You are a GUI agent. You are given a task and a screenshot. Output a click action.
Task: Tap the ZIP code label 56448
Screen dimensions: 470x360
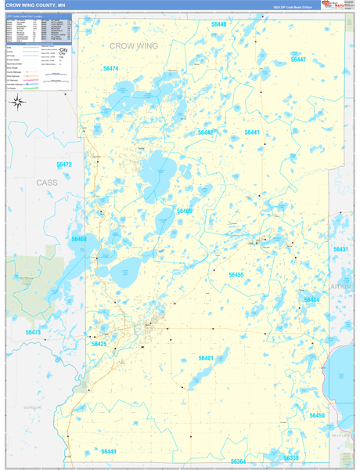point(219,25)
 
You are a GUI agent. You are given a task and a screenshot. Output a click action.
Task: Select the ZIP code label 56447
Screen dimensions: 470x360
point(298,60)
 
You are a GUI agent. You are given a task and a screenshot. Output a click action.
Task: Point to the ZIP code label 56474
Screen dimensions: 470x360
point(111,69)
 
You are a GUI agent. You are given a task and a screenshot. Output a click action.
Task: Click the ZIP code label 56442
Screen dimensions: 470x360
point(206,132)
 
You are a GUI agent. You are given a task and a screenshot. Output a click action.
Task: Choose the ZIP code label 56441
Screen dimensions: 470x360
point(252,132)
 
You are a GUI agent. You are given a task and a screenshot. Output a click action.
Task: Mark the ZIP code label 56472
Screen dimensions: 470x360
point(64,164)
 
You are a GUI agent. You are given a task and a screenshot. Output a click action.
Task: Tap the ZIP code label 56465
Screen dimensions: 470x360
point(185,211)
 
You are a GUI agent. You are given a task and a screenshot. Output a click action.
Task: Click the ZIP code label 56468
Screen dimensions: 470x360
point(79,239)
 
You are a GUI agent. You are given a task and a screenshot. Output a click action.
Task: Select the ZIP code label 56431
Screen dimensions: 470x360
point(340,249)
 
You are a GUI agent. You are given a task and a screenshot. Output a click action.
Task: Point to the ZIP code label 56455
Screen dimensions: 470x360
point(236,275)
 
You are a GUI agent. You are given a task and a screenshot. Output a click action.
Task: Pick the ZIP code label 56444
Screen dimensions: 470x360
point(311,300)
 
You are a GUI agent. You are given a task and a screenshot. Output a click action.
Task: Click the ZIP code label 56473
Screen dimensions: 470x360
point(33,333)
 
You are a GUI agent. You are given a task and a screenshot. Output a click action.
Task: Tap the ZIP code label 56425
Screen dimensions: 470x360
point(99,344)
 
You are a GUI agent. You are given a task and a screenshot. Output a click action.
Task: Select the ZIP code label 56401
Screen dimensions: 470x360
point(206,358)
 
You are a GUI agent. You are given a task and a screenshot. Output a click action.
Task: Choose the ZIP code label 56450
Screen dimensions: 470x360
point(317,415)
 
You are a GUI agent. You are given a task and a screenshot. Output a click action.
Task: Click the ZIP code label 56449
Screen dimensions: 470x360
point(108,451)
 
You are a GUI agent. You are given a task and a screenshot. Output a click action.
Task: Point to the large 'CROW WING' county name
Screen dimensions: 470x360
point(134,46)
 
